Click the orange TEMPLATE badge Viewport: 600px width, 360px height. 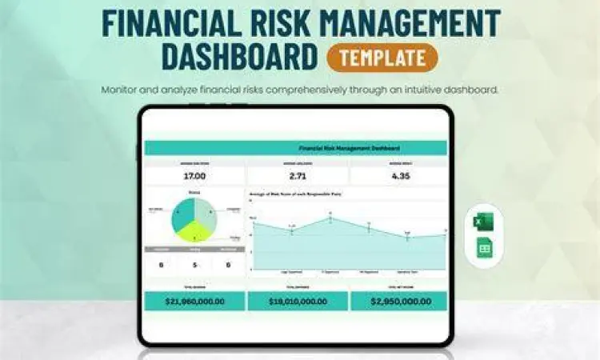pos(382,57)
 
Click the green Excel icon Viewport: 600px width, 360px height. pos(484,221)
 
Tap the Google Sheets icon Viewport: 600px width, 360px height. pos(484,248)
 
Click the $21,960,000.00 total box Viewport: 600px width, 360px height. pos(194,302)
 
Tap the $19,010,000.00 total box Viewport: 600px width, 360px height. pos(298,302)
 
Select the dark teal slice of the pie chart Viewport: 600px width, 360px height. pos(183,214)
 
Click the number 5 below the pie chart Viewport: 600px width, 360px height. pos(194,265)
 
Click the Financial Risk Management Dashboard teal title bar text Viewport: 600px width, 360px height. pos(349,148)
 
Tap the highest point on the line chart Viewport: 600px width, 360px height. pos(330,219)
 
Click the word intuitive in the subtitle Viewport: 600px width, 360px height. pos(424,89)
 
